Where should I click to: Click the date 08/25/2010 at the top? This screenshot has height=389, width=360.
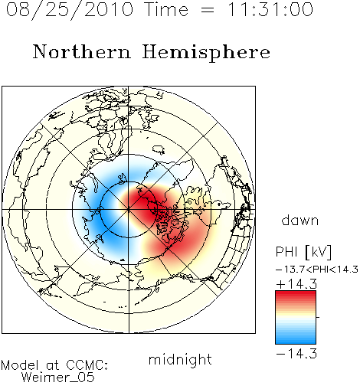click(70, 10)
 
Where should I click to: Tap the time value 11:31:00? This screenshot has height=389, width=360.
click(270, 9)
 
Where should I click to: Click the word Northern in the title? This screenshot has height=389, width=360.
click(82, 51)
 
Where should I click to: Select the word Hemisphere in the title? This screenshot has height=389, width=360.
click(206, 53)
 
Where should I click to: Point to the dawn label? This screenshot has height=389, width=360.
click(300, 220)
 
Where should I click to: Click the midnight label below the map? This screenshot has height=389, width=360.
click(180, 360)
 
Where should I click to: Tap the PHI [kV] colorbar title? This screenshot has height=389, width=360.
click(303, 252)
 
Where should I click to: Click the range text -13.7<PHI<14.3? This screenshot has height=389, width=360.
click(317, 270)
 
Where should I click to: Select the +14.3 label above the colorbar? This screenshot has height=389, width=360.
click(296, 284)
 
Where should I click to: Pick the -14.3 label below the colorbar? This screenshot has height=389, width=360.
click(296, 354)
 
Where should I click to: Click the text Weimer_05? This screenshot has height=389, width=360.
click(58, 378)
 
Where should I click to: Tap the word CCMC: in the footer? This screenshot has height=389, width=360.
click(87, 365)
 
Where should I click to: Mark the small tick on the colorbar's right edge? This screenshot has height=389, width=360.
click(318, 317)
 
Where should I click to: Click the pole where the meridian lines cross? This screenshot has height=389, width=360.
click(129, 210)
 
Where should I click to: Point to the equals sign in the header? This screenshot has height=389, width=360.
click(208, 11)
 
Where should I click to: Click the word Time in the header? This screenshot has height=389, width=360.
click(166, 9)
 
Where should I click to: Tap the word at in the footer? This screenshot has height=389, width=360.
click(53, 365)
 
